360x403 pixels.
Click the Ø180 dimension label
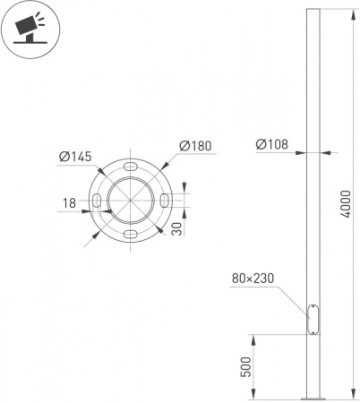tap(195, 146)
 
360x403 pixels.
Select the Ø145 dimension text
tap(75, 157)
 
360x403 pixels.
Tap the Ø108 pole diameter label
tap(272, 144)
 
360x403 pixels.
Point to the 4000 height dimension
tap(346, 204)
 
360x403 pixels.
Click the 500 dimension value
tap(246, 367)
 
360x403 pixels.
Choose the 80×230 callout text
tap(253, 279)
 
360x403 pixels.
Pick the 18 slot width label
tap(69, 203)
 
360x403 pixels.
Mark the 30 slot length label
tap(177, 229)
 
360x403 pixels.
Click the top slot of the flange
tap(131, 167)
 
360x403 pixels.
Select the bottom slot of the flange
tap(131, 235)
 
